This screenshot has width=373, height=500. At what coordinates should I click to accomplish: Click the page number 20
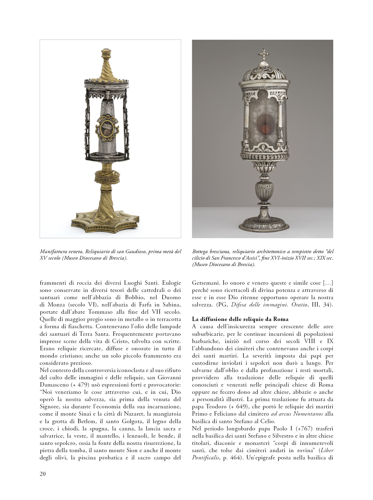(x=43, y=474)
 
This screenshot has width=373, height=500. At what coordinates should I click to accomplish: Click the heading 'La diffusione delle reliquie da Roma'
(x=240, y=319)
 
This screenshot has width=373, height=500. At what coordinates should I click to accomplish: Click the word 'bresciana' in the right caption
(x=220, y=252)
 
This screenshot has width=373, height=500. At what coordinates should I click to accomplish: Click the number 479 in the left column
(x=83, y=385)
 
